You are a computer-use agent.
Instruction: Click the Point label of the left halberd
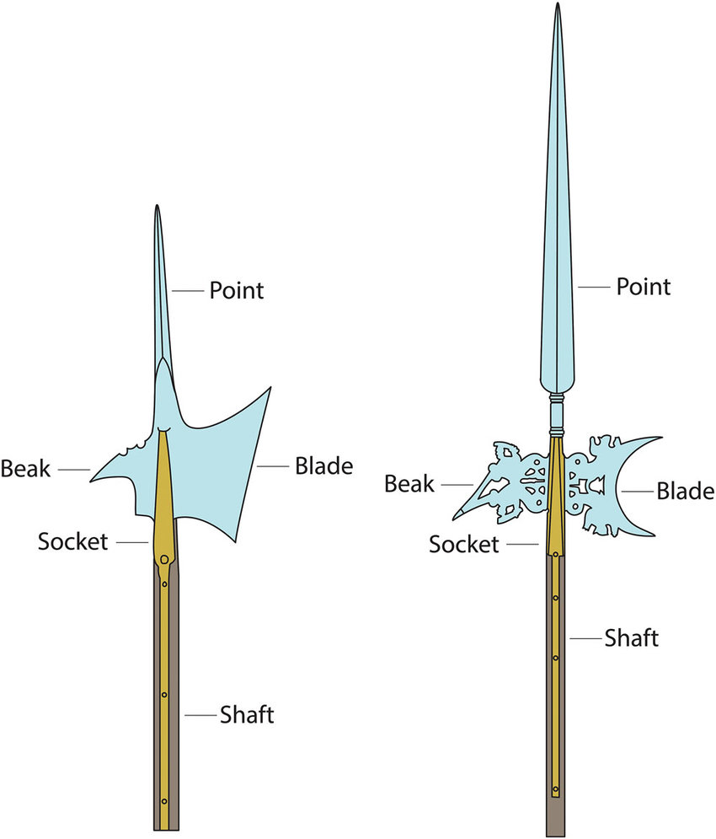[237, 291]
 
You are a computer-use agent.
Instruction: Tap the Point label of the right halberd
[644, 287]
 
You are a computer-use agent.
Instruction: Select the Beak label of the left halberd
[25, 469]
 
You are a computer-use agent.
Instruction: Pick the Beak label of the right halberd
[409, 484]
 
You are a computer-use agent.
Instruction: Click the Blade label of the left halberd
[324, 466]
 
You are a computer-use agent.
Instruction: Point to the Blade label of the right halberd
[686, 492]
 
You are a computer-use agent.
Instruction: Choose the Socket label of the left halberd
[72, 542]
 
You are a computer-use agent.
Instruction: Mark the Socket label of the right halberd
[464, 545]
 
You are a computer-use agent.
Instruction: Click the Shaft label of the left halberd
[247, 715]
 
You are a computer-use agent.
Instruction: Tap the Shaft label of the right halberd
[632, 638]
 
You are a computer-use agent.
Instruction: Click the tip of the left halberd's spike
[157, 206]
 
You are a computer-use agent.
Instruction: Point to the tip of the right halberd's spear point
[557, 3]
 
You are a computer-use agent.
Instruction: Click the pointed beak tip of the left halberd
[91, 481]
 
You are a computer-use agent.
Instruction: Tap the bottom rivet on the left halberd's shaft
[164, 802]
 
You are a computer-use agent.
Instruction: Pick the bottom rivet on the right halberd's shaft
[556, 789]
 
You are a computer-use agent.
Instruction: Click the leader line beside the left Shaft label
[201, 715]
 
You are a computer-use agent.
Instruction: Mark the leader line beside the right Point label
[594, 288]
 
